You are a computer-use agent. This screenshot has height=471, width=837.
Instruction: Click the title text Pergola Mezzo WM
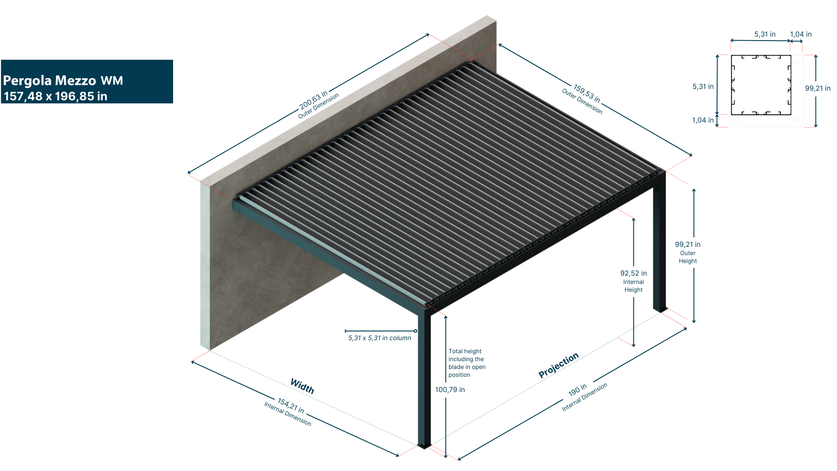[63, 81]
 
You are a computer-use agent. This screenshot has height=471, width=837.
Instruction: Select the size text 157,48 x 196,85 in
[55, 96]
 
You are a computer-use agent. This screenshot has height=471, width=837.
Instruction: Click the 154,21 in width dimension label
[291, 405]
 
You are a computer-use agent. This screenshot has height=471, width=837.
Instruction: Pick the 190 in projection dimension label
[577, 389]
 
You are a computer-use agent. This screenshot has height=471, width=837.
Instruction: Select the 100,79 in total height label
[450, 390]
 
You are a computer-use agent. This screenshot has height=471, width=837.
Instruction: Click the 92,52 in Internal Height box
[633, 281]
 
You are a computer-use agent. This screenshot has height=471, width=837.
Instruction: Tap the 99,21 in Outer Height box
[687, 253]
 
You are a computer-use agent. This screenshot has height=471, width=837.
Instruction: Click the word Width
[302, 386]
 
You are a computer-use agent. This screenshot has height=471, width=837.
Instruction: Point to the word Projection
[558, 365]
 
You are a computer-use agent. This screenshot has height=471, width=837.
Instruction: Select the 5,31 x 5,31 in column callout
[380, 338]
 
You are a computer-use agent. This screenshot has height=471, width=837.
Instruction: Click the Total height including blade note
[467, 363]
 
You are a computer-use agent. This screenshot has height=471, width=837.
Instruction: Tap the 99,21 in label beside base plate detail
[817, 88]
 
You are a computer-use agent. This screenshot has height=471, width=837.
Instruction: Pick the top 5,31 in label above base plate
[765, 34]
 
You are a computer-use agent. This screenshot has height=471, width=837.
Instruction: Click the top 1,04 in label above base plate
[800, 34]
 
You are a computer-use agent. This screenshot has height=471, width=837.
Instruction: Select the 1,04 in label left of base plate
[703, 120]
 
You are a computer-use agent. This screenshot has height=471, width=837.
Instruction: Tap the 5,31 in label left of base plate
[703, 87]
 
